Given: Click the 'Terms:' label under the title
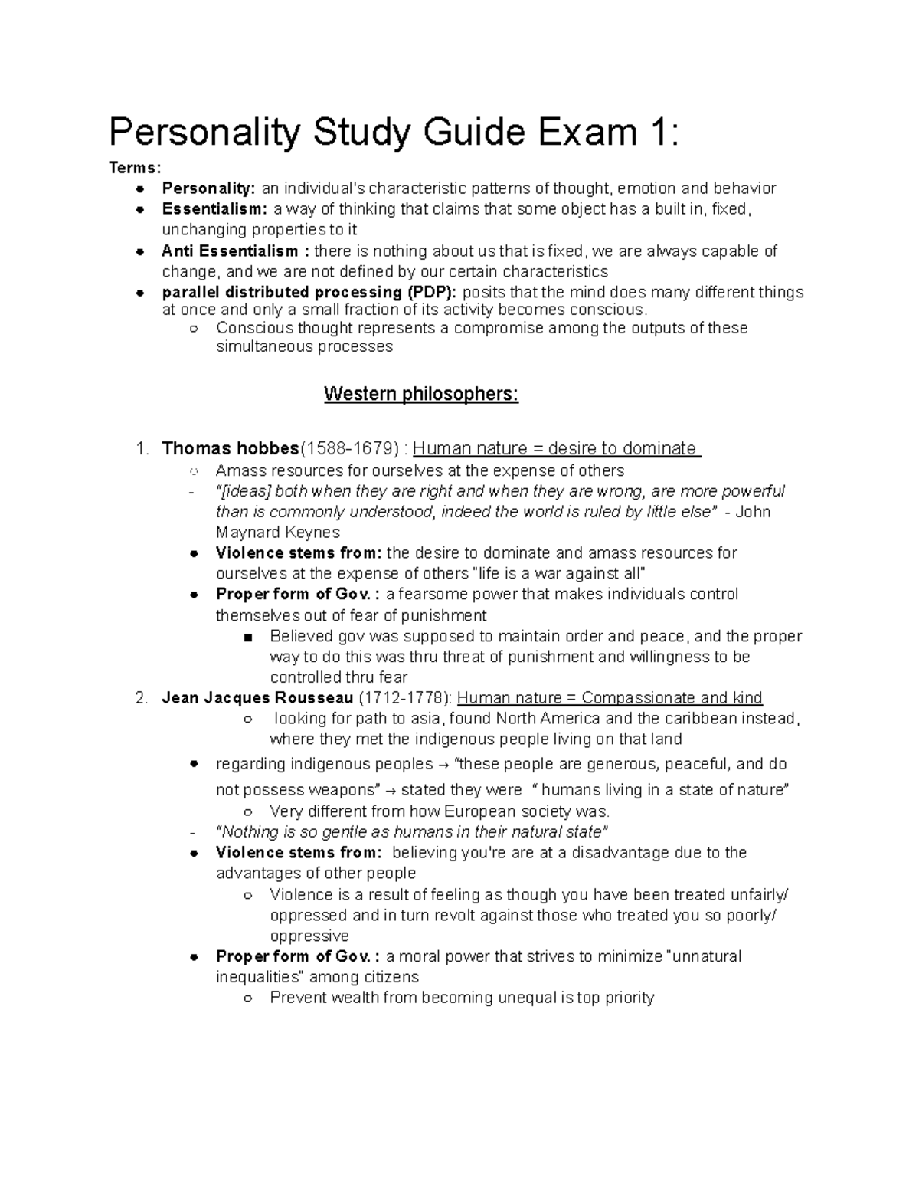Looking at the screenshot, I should [135, 169].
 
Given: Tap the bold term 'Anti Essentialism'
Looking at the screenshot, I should [230, 251].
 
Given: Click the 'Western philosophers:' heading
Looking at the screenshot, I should [421, 395].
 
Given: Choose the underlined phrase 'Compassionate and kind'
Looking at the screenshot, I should [672, 698].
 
